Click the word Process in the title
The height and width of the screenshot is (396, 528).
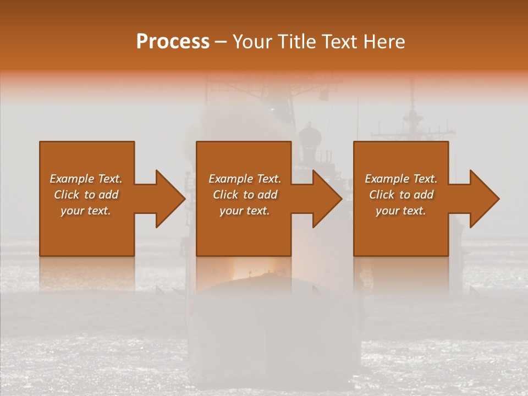coord(173,42)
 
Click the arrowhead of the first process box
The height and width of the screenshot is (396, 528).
coord(170,199)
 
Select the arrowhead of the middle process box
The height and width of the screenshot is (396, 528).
coord(327,199)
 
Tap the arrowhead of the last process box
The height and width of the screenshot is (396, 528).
coord(485,199)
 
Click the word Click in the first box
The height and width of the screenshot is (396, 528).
coord(67,195)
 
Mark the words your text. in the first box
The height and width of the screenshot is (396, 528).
coord(86,211)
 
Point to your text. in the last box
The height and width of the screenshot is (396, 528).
coord(401,211)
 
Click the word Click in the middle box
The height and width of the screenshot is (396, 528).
coord(226,195)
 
